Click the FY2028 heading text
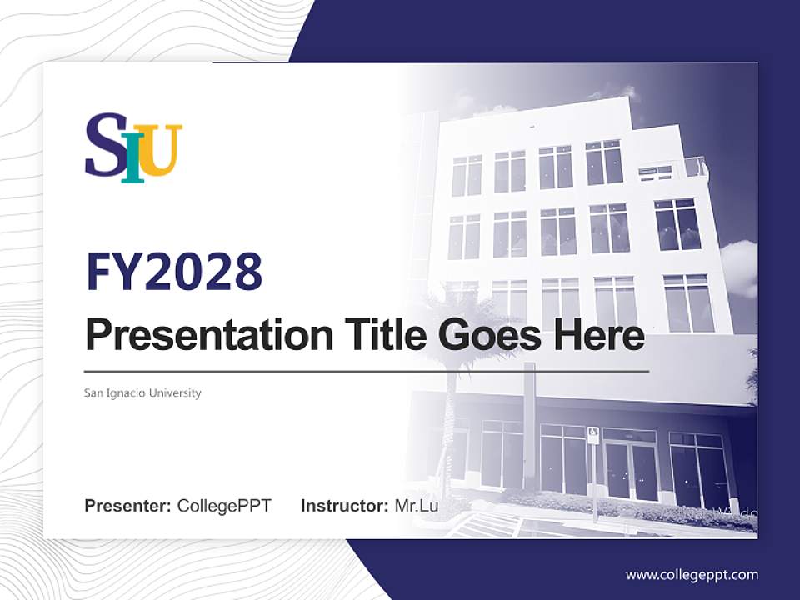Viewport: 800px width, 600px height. pos(174,272)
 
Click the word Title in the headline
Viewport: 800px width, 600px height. pos(378,335)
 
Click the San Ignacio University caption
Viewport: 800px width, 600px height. pos(142,392)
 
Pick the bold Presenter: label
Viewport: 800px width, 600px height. pos(128,505)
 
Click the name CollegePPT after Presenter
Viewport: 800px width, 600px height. pos(224,505)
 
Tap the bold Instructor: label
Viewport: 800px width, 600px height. pos(344,505)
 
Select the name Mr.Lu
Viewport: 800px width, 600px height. pos(417,505)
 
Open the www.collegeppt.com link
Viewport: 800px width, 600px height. pos(692,574)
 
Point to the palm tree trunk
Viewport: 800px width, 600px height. pos(451,417)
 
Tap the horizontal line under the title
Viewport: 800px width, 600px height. pos(367,371)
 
